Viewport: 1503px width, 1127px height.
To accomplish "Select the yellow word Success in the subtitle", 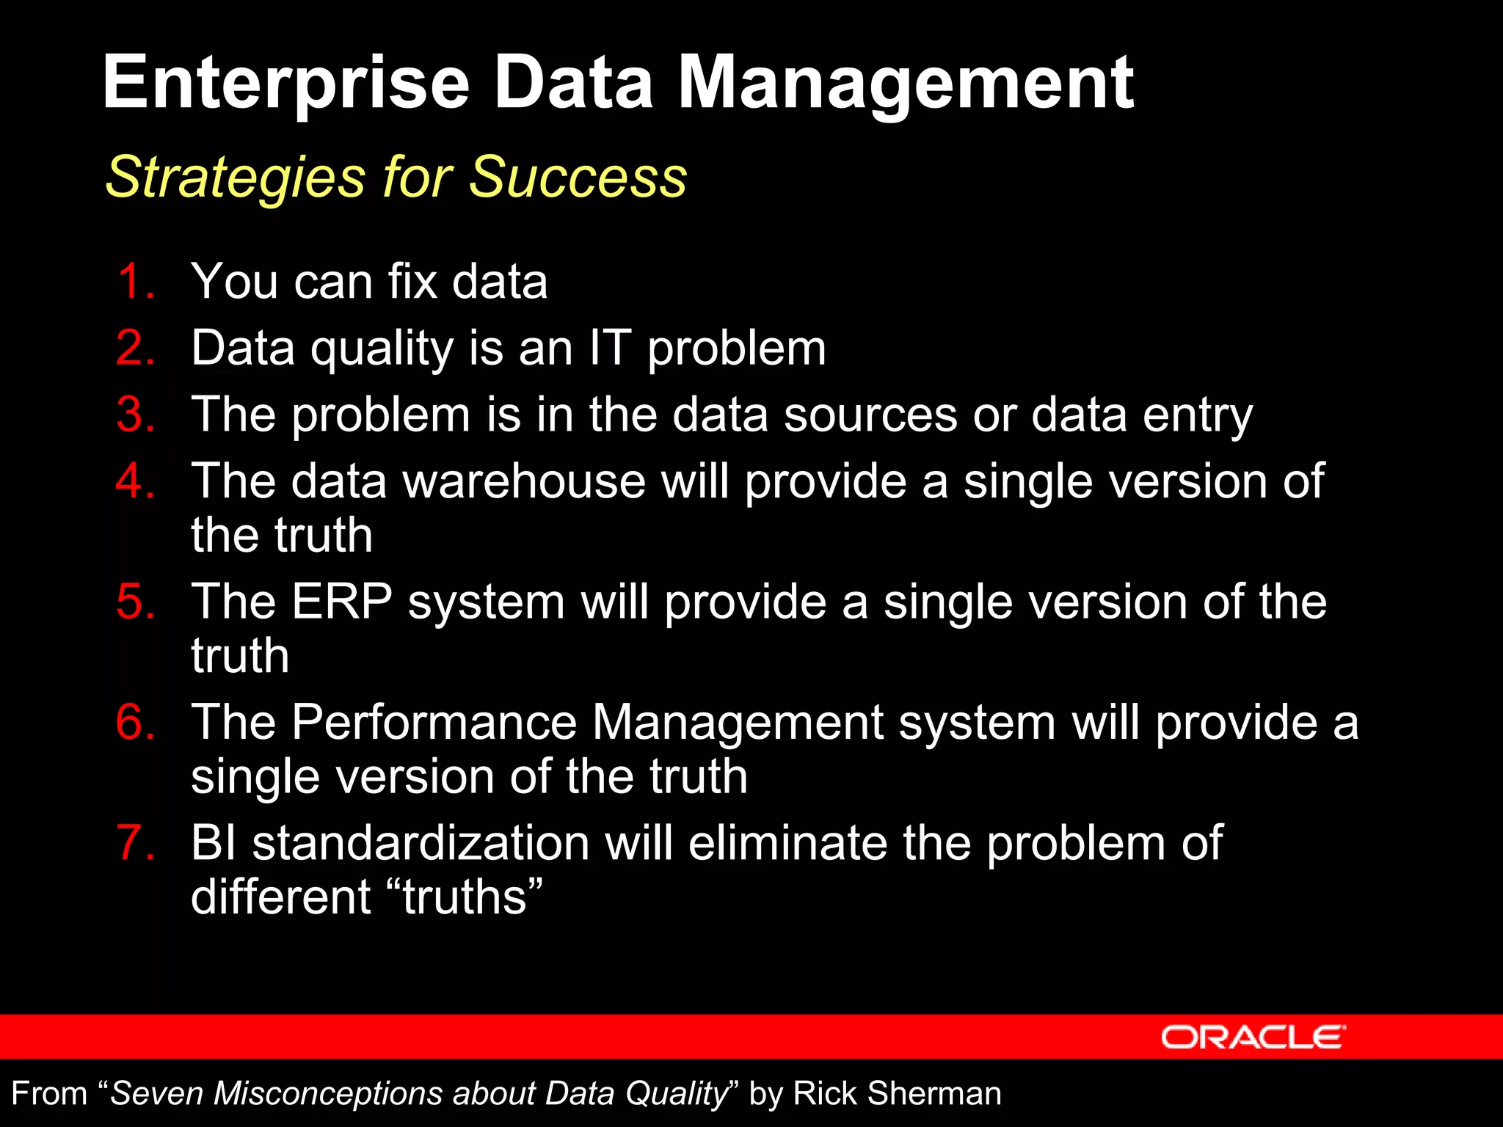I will [x=578, y=178].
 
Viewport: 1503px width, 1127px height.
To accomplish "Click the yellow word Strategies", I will [x=236, y=178].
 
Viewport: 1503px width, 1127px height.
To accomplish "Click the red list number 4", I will [x=135, y=481].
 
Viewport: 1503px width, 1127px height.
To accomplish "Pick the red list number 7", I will [x=135, y=842].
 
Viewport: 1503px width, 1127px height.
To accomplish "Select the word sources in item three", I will [x=870, y=415].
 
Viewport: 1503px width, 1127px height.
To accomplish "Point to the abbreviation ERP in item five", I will [x=342, y=602].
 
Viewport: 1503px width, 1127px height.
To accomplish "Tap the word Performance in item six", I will [x=434, y=722].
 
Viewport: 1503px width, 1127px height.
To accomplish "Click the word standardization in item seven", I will [x=421, y=842].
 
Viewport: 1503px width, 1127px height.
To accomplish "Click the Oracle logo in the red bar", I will [x=1253, y=1037].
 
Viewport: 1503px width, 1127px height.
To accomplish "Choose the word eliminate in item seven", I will [x=787, y=842].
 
